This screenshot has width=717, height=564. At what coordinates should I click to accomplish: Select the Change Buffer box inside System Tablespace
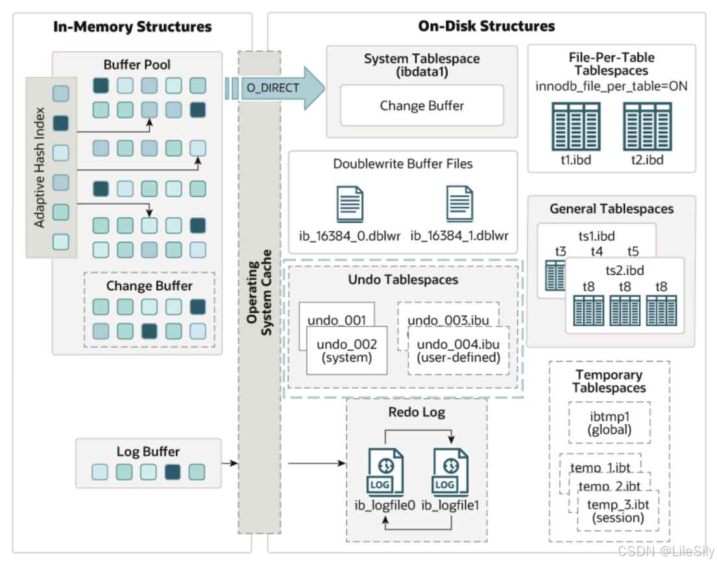422,105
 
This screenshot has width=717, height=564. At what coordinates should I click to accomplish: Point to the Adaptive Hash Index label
40,166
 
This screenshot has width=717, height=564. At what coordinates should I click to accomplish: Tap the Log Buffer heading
148,452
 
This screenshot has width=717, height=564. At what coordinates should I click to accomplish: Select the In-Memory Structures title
132,27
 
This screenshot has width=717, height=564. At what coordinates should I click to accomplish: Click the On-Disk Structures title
486,27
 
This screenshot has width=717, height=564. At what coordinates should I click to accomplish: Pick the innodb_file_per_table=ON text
611,86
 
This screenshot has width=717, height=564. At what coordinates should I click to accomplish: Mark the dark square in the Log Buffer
173,472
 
